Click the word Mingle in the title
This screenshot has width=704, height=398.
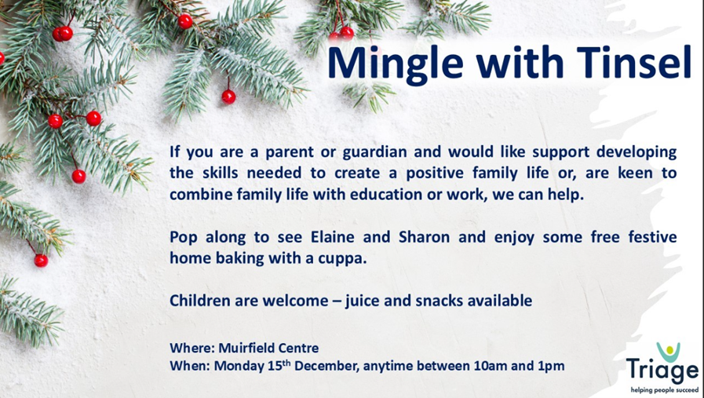pos(395,63)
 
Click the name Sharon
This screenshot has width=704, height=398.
pos(424,237)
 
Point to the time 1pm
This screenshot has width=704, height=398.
pos(551,367)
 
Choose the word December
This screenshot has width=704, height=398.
pos(326,366)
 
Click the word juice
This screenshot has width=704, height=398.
pos(363,301)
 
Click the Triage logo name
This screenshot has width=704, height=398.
pos(662,371)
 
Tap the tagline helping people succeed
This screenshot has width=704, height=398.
pos(665,390)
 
